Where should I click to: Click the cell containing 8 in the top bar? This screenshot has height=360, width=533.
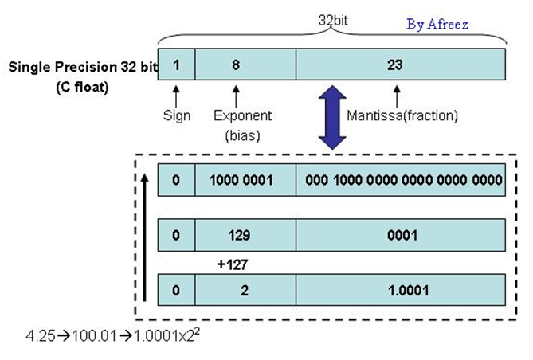[236, 65]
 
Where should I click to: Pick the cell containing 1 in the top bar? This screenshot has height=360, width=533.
[177, 65]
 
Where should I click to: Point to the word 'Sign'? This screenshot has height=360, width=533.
[177, 115]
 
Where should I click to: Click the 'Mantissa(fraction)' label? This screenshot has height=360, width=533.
[403, 115]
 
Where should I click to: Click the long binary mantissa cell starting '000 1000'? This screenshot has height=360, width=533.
[401, 180]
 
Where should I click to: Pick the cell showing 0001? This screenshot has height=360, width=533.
[401, 235]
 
